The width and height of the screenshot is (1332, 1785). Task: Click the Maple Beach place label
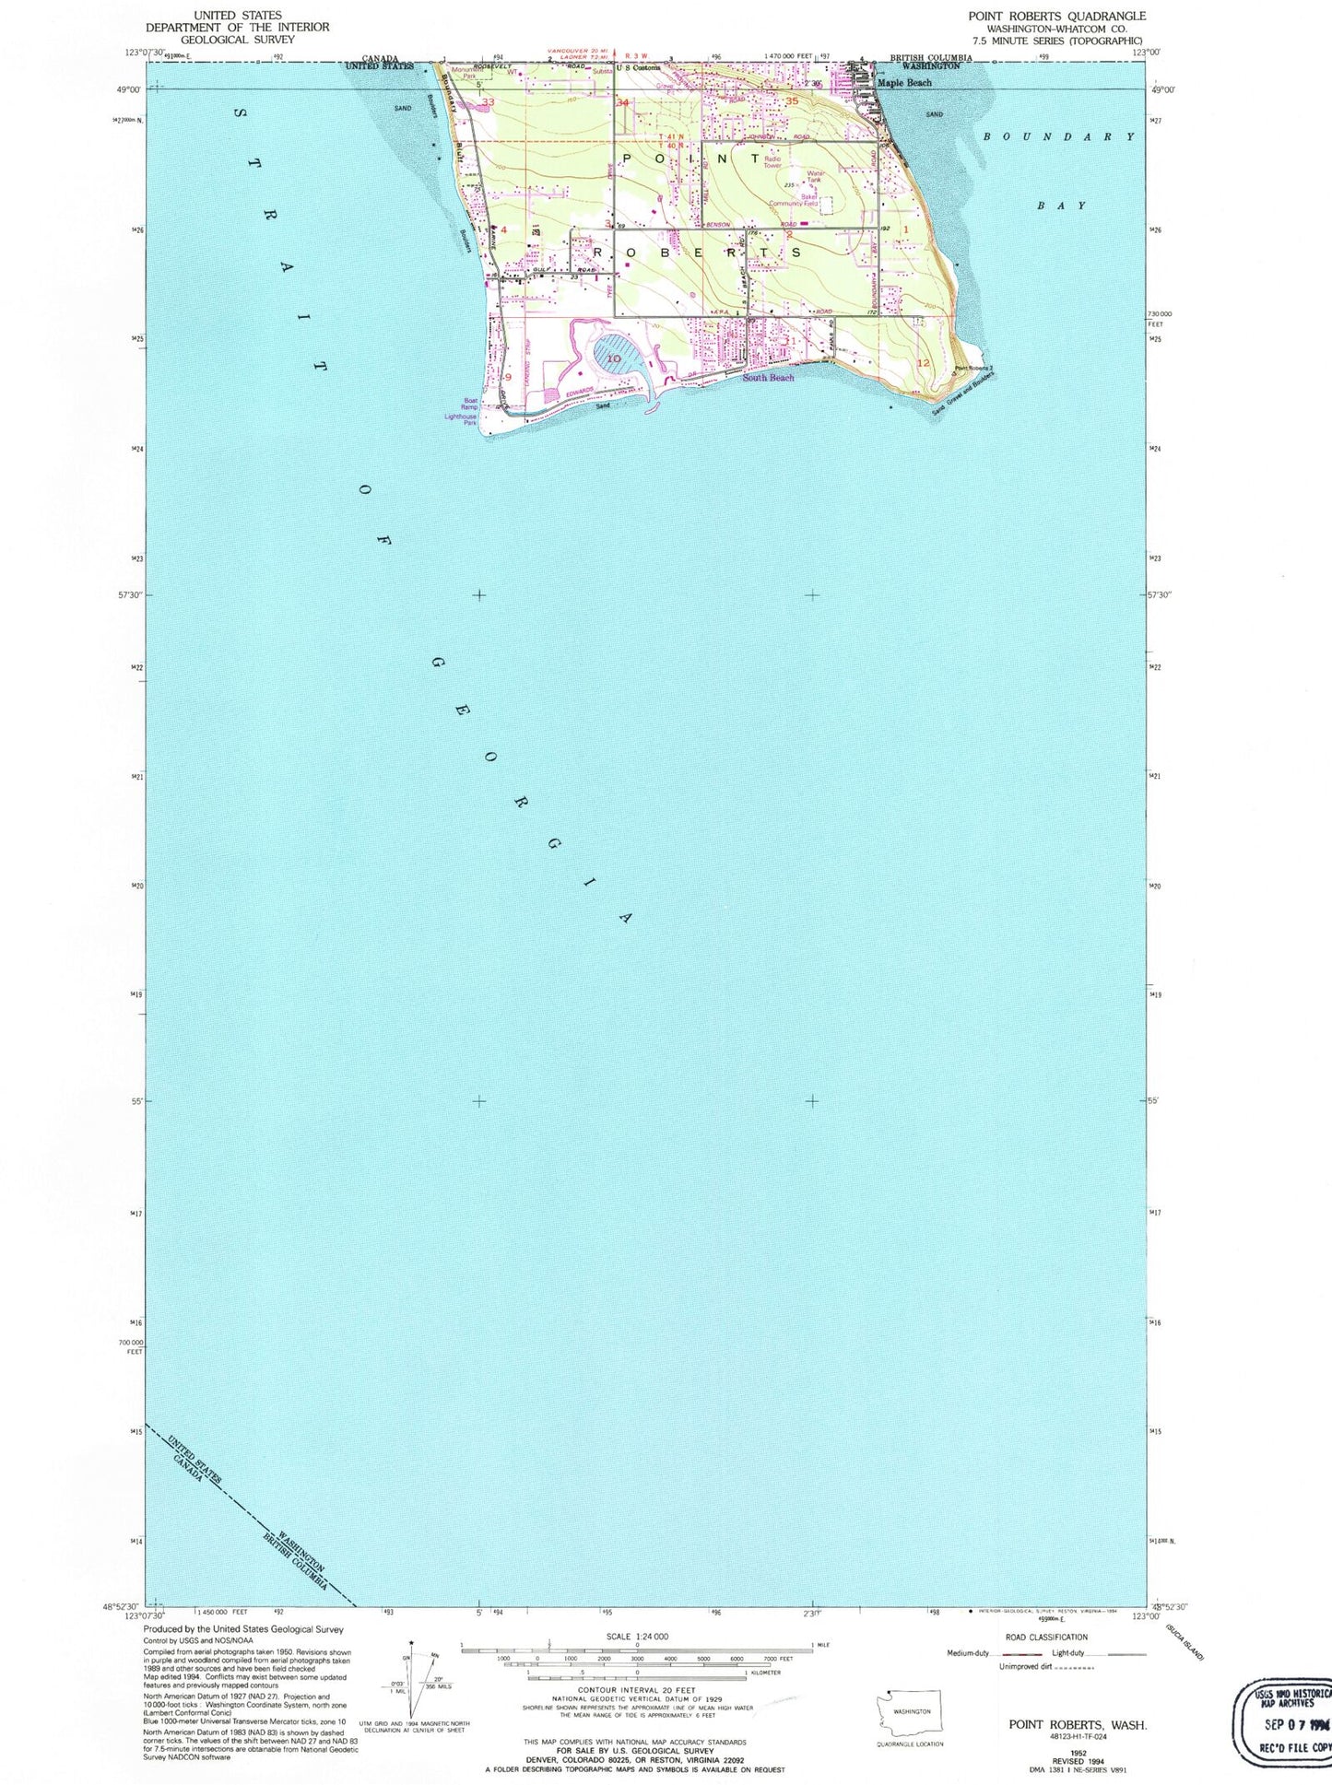pyautogui.click(x=904, y=83)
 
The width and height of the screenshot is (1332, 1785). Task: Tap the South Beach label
pyautogui.click(x=768, y=378)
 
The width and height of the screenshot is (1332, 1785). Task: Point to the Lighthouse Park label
pyautogui.click(x=461, y=420)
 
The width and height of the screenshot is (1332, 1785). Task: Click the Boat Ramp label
pyautogui.click(x=470, y=404)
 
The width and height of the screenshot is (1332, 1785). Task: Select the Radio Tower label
pyautogui.click(x=772, y=162)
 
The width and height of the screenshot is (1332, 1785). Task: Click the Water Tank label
pyautogui.click(x=815, y=177)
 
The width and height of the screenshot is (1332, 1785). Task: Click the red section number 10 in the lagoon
pyautogui.click(x=613, y=358)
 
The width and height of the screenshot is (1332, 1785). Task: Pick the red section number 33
pyautogui.click(x=488, y=102)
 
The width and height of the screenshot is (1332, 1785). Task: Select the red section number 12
pyautogui.click(x=924, y=363)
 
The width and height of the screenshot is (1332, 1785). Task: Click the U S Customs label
pyautogui.click(x=639, y=68)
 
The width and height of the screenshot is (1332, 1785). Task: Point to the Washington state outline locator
pyautogui.click(x=911, y=1712)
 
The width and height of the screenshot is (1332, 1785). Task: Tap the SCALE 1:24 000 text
pyautogui.click(x=637, y=1637)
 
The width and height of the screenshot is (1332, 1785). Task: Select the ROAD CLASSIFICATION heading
pyautogui.click(x=1046, y=1638)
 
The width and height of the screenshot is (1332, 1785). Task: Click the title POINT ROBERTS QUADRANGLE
pyautogui.click(x=1056, y=17)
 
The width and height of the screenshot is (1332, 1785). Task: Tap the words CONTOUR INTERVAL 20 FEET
pyautogui.click(x=636, y=1690)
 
